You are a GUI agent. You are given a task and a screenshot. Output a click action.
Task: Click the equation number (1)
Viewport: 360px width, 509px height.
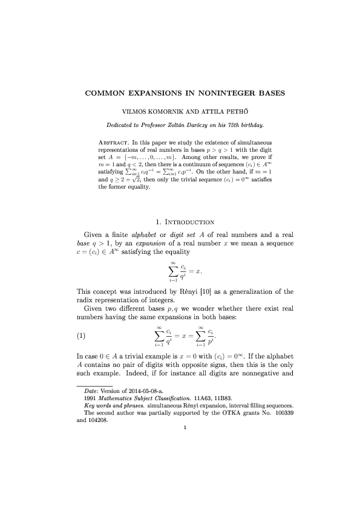(x=77, y=336)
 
